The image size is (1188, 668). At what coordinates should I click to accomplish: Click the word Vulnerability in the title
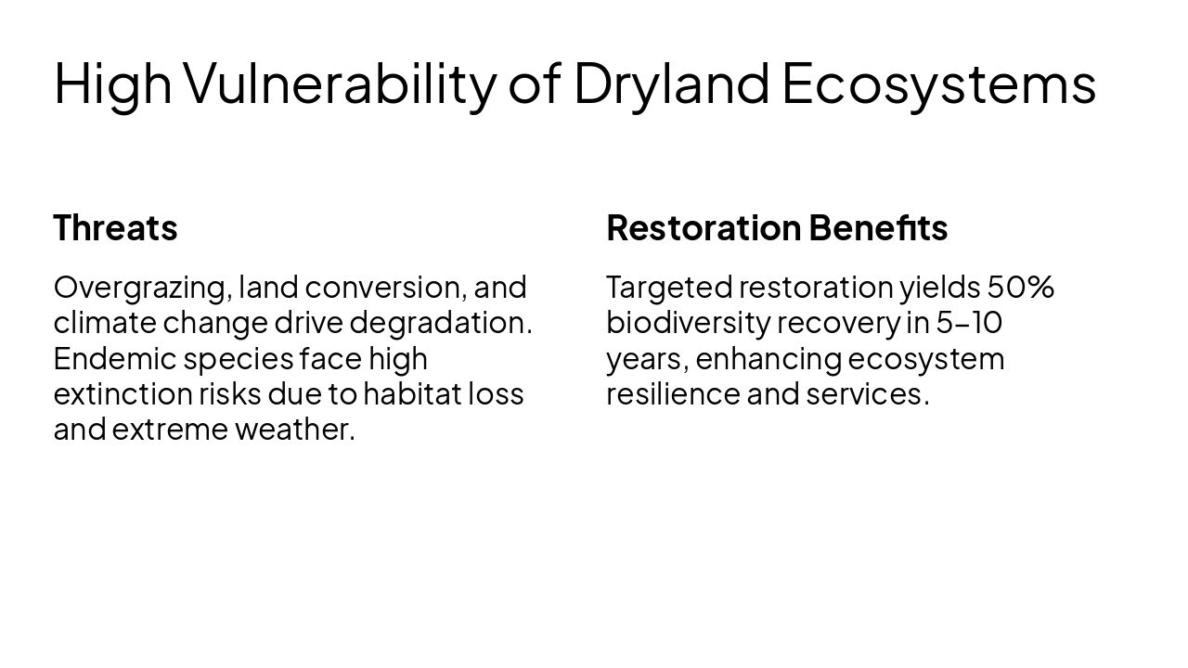click(340, 83)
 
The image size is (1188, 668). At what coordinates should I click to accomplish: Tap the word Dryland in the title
click(671, 83)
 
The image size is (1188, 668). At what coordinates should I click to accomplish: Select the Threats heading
click(115, 228)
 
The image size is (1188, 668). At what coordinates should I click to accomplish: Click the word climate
click(104, 323)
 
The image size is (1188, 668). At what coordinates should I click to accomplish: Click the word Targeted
click(668, 288)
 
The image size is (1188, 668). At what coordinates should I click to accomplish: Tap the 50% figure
click(1020, 288)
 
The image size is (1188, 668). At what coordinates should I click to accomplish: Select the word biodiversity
click(687, 323)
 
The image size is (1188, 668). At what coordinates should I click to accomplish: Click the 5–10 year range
click(968, 323)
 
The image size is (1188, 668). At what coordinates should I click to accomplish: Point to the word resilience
click(672, 393)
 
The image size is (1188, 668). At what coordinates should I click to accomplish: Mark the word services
click(867, 393)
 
